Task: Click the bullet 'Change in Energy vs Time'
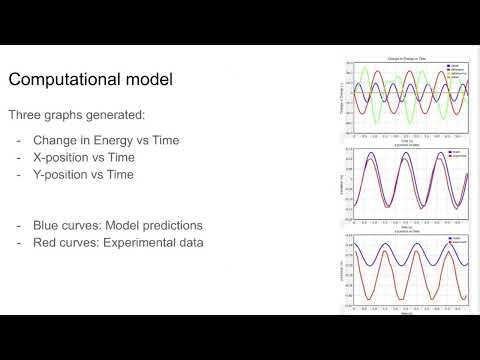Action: [x=104, y=140]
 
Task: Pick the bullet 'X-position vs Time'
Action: [x=86, y=158]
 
